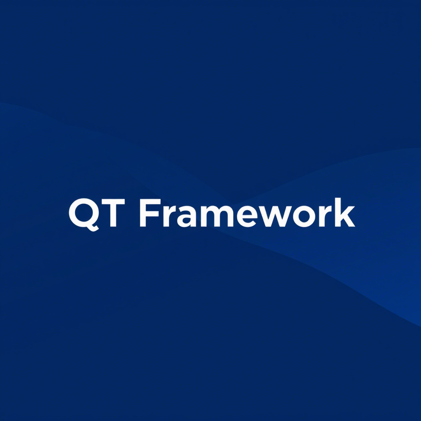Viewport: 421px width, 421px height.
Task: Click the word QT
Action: coord(97,214)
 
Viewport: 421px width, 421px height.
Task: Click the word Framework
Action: coord(247,213)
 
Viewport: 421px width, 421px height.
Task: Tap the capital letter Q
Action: coord(84,215)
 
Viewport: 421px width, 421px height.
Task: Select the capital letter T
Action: coord(113,213)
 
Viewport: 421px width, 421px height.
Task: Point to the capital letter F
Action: coord(150,213)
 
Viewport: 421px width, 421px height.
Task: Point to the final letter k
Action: coord(345,212)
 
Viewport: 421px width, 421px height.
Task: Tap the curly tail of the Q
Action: coord(92,228)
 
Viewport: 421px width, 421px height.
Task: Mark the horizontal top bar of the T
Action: coord(113,201)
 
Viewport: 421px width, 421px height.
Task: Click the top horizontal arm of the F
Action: coord(153,201)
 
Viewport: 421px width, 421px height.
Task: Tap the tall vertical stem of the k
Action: coord(338,212)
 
